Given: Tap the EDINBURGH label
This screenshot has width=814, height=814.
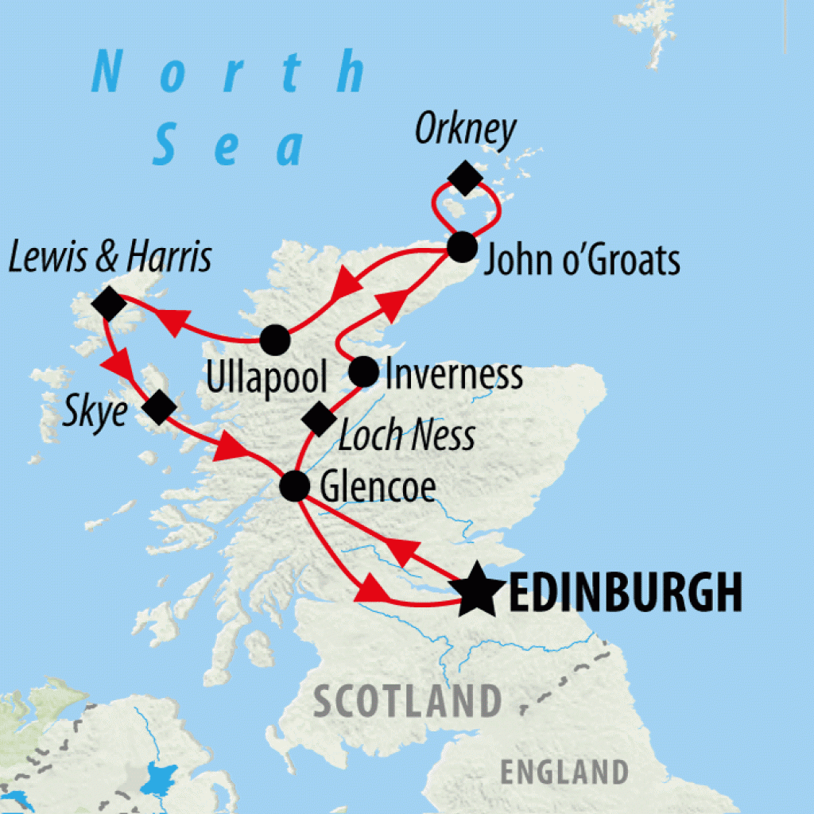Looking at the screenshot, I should click(x=624, y=592).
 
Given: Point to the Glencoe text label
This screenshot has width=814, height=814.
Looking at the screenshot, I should click(x=378, y=488).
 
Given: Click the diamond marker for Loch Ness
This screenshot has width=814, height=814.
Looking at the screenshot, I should click(x=320, y=419).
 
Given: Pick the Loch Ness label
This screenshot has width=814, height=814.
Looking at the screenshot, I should click(x=406, y=436).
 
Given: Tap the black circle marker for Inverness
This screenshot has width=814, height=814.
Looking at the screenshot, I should click(x=364, y=371).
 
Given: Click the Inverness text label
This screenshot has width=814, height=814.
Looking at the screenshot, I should click(x=454, y=374).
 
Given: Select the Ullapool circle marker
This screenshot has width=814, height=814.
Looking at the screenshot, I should click(x=275, y=340).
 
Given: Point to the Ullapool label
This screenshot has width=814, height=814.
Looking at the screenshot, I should click(x=266, y=379).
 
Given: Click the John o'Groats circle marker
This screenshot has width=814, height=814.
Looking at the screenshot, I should click(x=462, y=247).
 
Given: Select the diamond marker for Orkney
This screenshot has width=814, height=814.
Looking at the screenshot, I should click(x=465, y=177).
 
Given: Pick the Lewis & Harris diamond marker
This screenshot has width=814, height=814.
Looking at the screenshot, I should click(x=109, y=303).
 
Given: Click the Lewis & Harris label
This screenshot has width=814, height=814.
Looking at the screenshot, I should click(x=110, y=258).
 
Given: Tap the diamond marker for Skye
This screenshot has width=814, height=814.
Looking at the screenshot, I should click(x=159, y=408).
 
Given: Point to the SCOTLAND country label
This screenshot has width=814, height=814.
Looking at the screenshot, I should click(x=407, y=702).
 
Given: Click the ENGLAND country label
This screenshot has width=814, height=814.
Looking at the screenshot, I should click(x=564, y=771).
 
